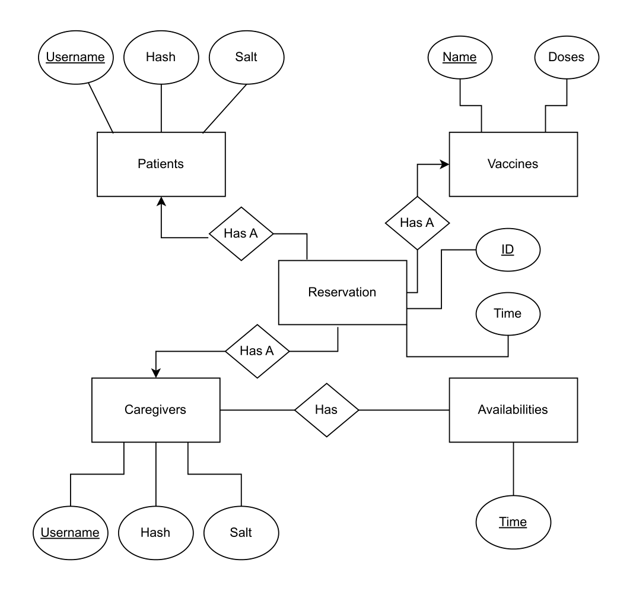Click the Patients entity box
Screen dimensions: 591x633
pyautogui.click(x=161, y=164)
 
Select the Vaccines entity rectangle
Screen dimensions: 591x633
pyautogui.click(x=513, y=164)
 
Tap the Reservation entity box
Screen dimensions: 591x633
pyautogui.click(x=342, y=292)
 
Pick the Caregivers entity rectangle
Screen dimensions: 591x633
pyautogui.click(x=155, y=409)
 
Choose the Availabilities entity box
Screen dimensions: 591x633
pyautogui.click(x=513, y=409)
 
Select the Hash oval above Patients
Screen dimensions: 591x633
pyautogui.click(x=161, y=57)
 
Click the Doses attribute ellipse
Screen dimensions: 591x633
pyautogui.click(x=567, y=57)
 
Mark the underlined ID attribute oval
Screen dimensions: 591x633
pyautogui.click(x=507, y=249)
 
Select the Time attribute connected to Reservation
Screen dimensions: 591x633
pyautogui.click(x=508, y=314)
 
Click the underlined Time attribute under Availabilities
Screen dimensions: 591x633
pyautogui.click(x=513, y=522)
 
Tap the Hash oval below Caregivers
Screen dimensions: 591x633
pyautogui.click(x=155, y=532)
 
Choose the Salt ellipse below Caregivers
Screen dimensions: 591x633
pyautogui.click(x=241, y=532)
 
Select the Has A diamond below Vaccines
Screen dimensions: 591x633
pyautogui.click(x=418, y=223)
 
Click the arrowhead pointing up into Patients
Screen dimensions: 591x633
pyautogui.click(x=161, y=202)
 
